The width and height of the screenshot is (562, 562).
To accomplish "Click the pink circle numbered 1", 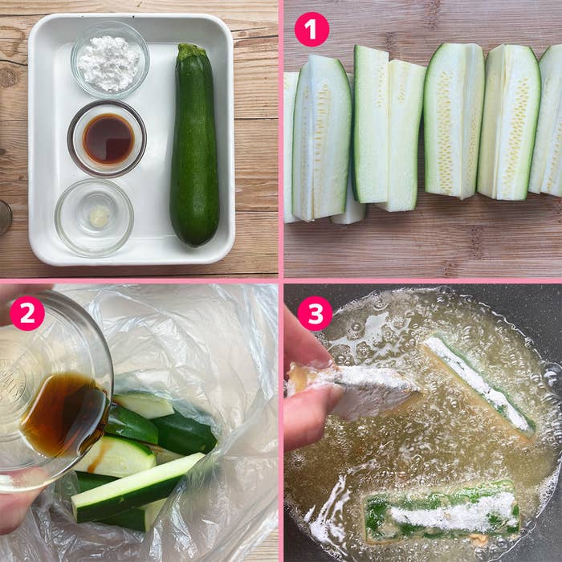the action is click(x=312, y=30).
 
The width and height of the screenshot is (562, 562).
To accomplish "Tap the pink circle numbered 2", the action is click(x=27, y=313).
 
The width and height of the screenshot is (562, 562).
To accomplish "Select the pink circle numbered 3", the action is click(x=315, y=313).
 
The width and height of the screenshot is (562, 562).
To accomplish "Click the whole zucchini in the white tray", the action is click(x=194, y=145).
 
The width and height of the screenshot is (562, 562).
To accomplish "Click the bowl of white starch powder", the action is click(x=110, y=60).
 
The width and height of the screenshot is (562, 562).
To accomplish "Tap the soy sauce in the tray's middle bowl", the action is click(x=108, y=139).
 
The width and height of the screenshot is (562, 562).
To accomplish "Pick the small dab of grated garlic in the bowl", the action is click(x=99, y=217).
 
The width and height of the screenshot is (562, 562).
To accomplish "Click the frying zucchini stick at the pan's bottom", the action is click(x=442, y=511).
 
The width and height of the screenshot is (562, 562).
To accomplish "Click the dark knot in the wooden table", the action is click(x=7, y=76).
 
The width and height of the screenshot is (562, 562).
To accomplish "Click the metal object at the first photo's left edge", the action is click(x=6, y=218).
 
